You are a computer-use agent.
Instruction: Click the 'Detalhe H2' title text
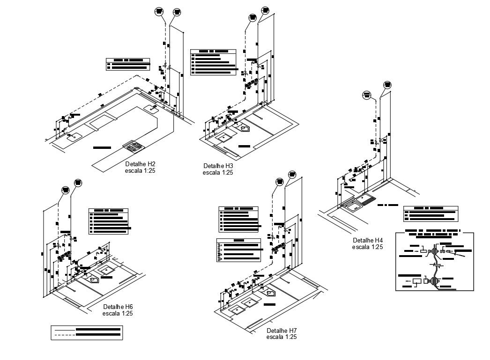140,164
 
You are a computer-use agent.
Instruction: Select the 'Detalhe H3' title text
218,166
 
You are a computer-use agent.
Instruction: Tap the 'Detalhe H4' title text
368,240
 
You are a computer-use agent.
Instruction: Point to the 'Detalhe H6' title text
118,307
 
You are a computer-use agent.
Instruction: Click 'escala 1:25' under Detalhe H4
368,247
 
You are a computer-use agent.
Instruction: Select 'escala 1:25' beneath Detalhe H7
282,337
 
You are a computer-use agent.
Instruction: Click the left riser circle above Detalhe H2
159,11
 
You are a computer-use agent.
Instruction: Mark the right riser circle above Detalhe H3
265,10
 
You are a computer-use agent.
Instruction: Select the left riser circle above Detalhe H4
367,95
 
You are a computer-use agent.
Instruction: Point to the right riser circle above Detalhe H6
77,182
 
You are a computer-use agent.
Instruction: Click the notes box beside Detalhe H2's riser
128,64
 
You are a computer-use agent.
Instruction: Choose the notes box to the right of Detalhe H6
109,221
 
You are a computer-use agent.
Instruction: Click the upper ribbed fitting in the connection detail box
435,252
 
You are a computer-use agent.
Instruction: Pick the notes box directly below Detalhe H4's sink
431,214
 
